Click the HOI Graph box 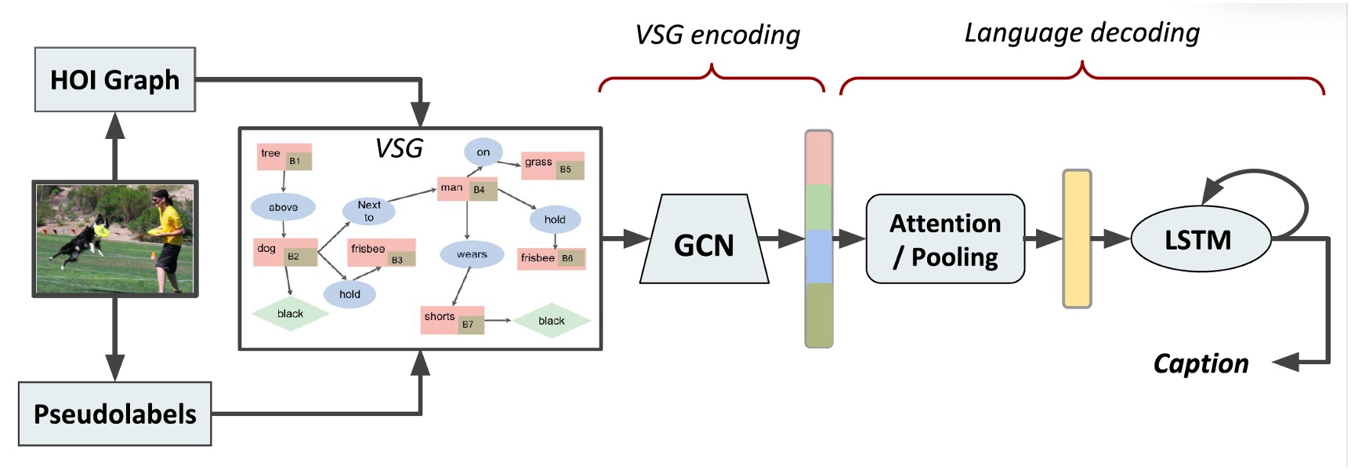click(x=114, y=79)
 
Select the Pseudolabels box click(x=114, y=414)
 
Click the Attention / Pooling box click(x=945, y=239)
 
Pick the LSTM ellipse click(x=1200, y=239)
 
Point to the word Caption click(x=1201, y=363)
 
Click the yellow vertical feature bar click(x=1077, y=239)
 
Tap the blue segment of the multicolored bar click(x=818, y=256)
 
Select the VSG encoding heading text click(x=717, y=35)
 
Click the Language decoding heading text click(x=1081, y=33)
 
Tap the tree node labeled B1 click(x=284, y=157)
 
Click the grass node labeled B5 click(x=552, y=166)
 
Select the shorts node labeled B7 click(x=452, y=319)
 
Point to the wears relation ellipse click(x=472, y=254)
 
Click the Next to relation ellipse click(x=368, y=210)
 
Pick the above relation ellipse click(x=283, y=207)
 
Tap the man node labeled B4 click(x=467, y=188)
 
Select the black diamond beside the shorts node click(x=552, y=320)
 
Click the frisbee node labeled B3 click(x=381, y=253)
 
